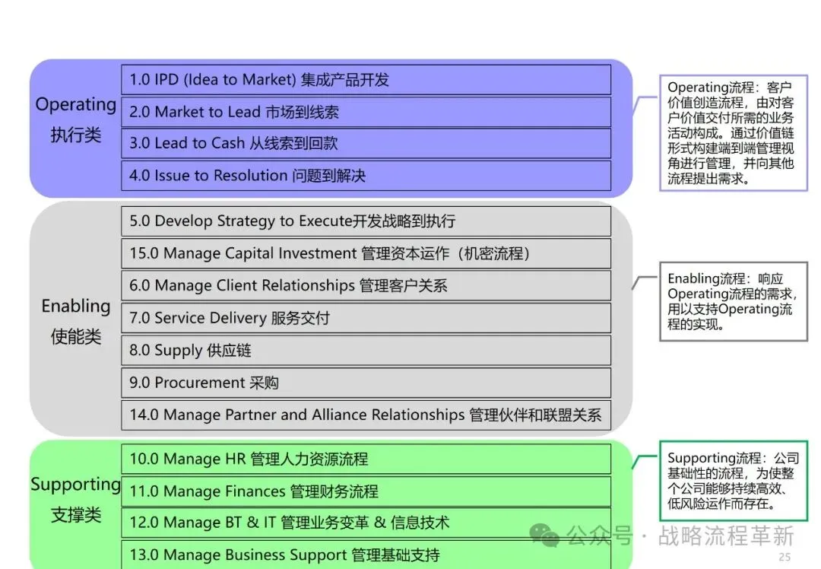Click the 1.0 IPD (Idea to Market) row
[366, 80]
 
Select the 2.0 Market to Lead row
[366, 112]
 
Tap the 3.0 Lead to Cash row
[366, 143]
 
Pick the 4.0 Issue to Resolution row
[366, 176]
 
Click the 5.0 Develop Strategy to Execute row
[366, 221]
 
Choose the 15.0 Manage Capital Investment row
[366, 253]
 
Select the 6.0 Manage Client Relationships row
[366, 285]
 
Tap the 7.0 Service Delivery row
[366, 318]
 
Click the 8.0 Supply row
[366, 351]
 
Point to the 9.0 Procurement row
[366, 383]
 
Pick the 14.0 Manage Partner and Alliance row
[366, 415]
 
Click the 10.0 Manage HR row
[366, 459]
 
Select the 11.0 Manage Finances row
[366, 491]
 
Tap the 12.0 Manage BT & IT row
[366, 523]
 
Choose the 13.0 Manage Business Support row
[366, 555]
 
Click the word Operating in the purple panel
[75, 105]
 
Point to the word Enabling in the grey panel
[75, 306]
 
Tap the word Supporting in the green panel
[75, 485]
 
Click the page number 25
[785, 558]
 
